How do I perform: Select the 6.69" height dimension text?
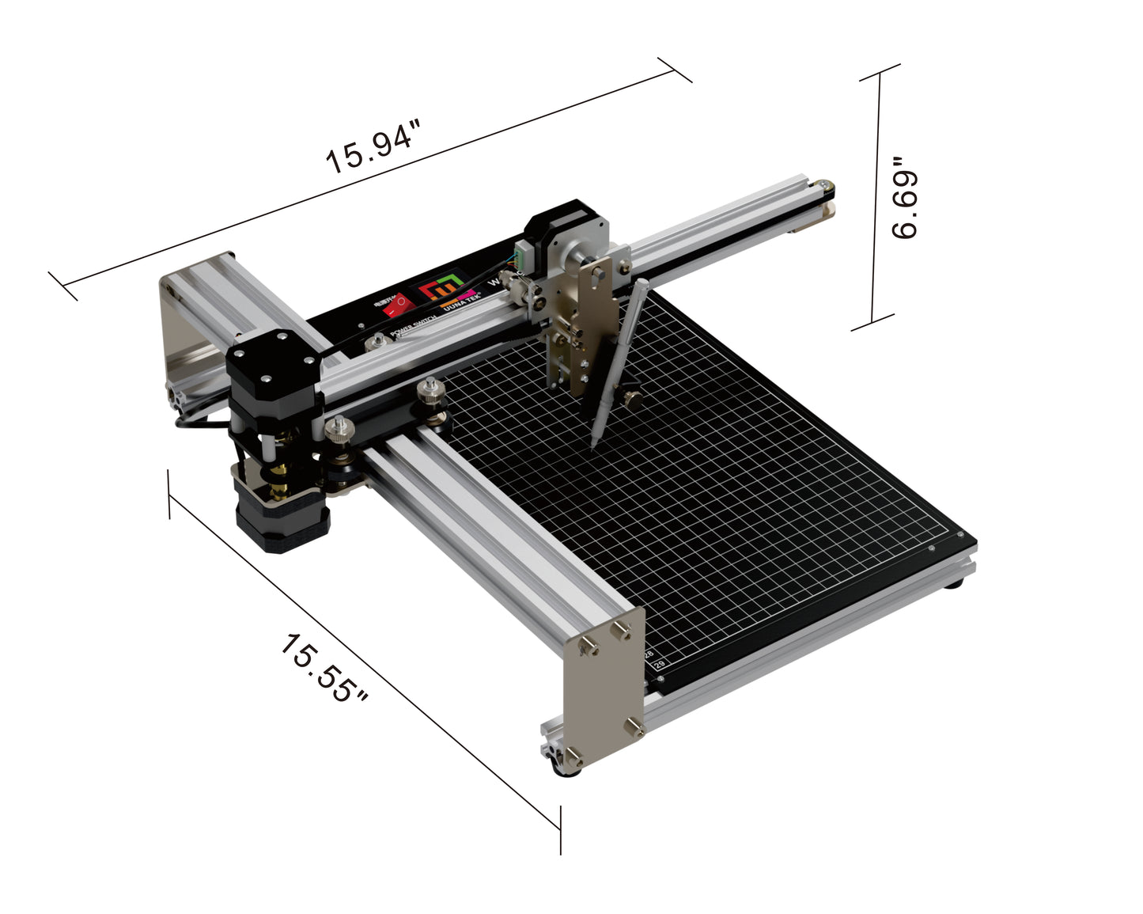coord(903,199)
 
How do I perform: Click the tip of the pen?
coord(592,446)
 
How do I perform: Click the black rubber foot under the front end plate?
coord(566,768)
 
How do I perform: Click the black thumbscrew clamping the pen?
coord(630,396)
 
